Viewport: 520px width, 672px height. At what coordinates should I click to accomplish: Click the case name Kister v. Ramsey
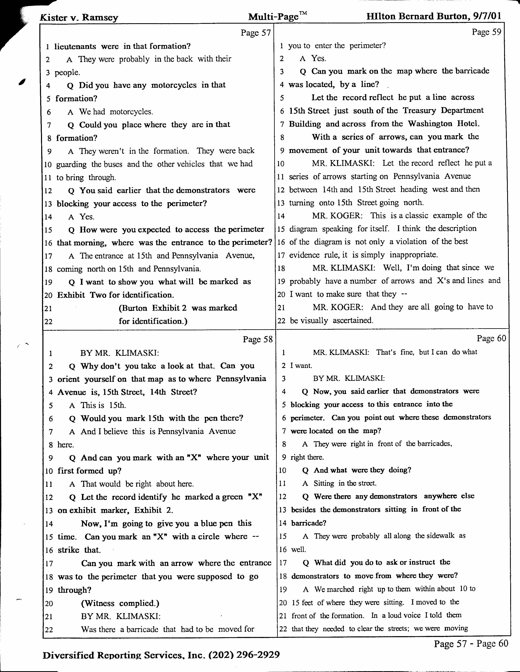pyautogui.click(x=79, y=18)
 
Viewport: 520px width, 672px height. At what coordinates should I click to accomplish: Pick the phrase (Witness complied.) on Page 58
pyautogui.click(x=120, y=603)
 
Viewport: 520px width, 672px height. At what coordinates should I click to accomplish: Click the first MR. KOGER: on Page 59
pyautogui.click(x=337, y=215)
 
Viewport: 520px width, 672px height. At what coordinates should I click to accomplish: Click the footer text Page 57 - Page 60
pyautogui.click(x=471, y=643)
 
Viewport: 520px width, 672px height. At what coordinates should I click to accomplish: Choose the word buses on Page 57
pyautogui.click(x=113, y=164)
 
